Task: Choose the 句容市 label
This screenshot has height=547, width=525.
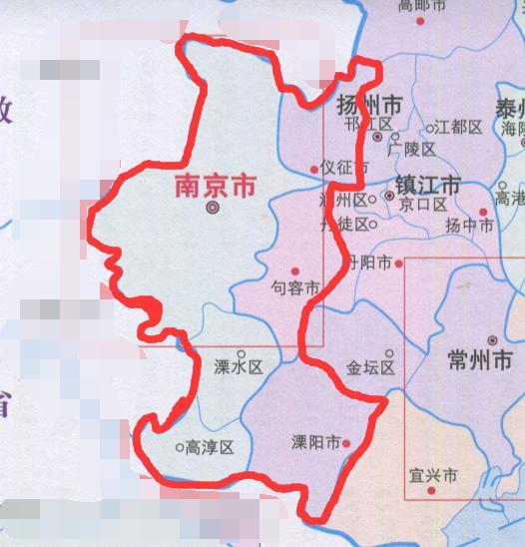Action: (295, 288)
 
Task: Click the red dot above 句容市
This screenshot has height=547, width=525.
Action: (294, 271)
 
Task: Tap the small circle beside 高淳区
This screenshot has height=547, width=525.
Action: (179, 447)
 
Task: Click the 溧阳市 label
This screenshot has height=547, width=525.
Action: (314, 440)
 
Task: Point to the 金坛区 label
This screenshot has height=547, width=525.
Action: (371, 367)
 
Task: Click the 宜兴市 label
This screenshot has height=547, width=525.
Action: (433, 476)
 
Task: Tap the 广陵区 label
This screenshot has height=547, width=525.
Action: (413, 149)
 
